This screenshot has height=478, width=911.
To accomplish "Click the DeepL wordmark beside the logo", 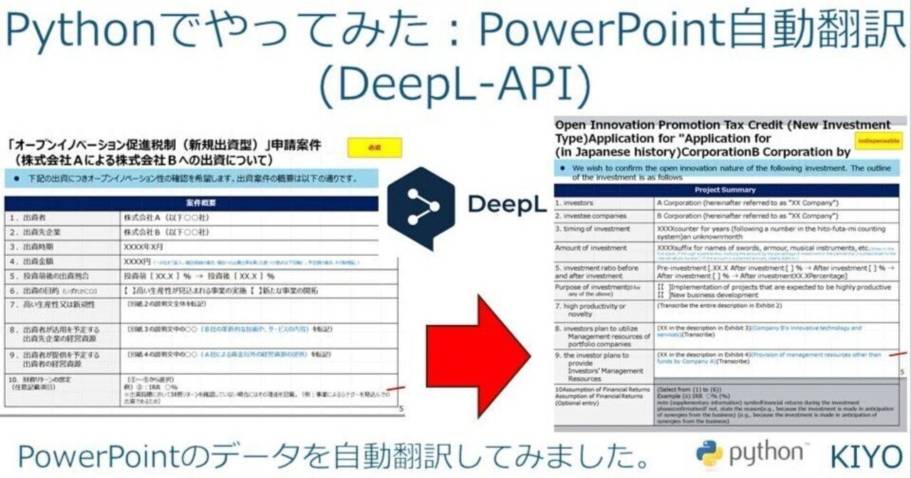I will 506,204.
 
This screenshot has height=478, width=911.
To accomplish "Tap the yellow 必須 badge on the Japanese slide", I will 374,147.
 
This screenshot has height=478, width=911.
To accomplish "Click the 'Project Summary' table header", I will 727,190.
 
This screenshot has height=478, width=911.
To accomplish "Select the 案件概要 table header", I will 201,203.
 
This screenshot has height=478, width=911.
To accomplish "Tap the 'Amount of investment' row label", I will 591,248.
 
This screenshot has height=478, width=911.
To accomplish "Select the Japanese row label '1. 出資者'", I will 28,217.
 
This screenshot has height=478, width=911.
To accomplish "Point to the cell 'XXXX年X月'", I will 147,246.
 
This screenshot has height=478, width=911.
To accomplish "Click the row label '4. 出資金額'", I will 33,261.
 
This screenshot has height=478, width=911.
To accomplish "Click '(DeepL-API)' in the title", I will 455,84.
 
